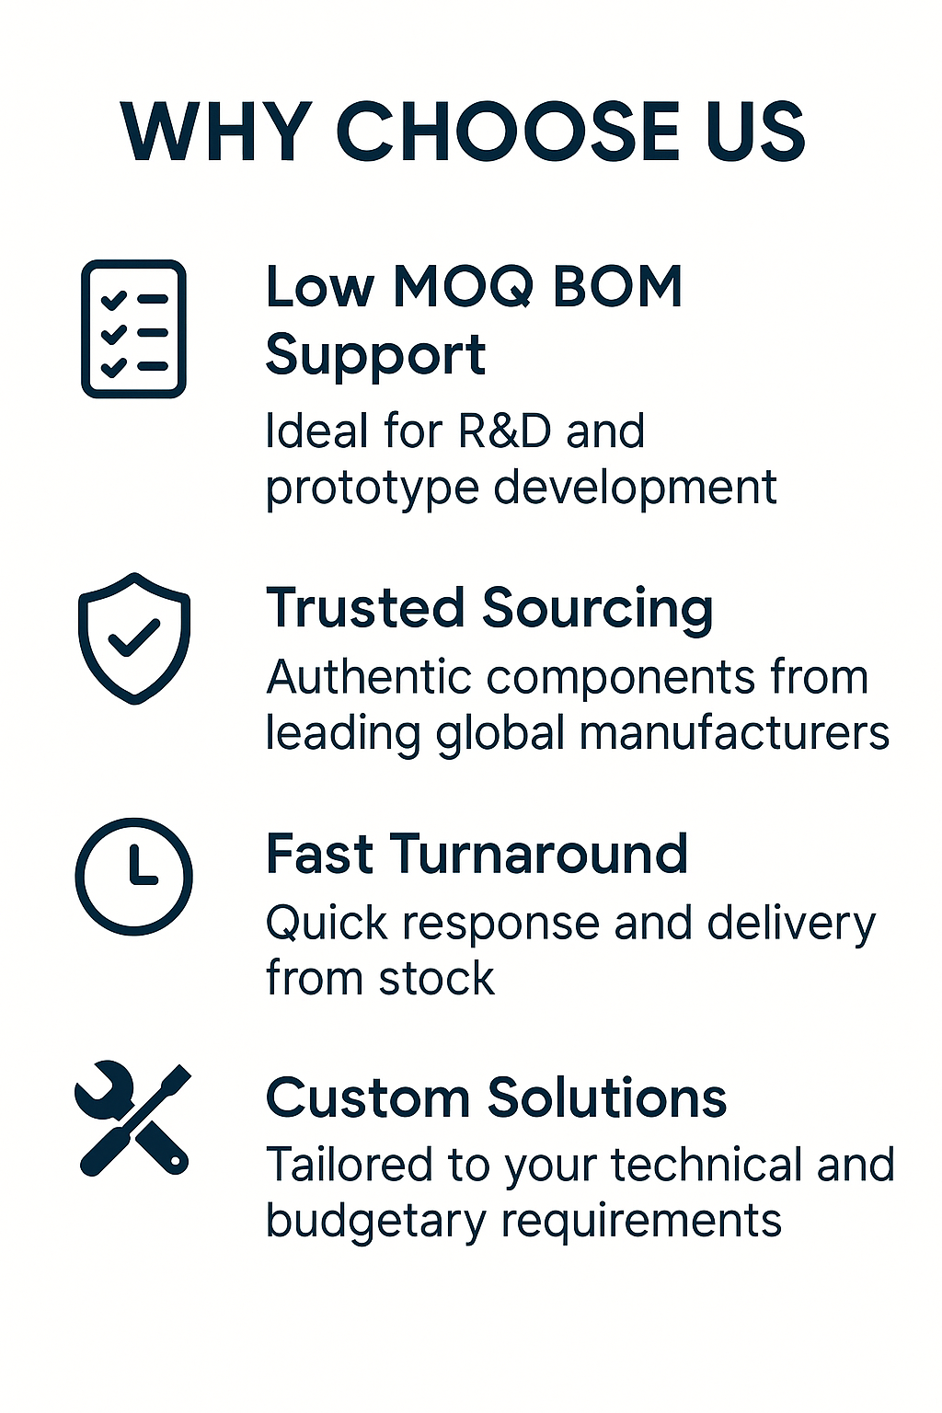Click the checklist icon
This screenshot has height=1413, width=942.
tap(133, 328)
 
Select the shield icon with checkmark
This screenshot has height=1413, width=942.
tap(133, 638)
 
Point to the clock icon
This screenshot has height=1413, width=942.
tap(133, 876)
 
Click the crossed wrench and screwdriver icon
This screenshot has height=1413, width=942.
tap(132, 1118)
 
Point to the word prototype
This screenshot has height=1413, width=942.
tap(373, 488)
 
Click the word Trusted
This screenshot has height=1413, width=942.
tap(365, 607)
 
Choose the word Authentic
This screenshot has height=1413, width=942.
tap(369, 677)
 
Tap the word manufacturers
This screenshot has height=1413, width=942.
tap(734, 733)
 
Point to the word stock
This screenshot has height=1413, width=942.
tap(437, 978)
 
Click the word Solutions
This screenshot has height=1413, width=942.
tap(607, 1098)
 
